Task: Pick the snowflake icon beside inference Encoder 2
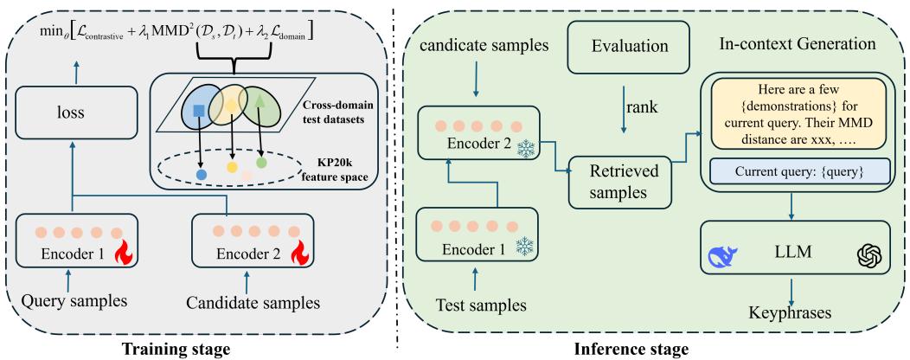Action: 524,148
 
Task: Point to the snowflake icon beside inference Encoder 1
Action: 524,247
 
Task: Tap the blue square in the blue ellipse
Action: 198,112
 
